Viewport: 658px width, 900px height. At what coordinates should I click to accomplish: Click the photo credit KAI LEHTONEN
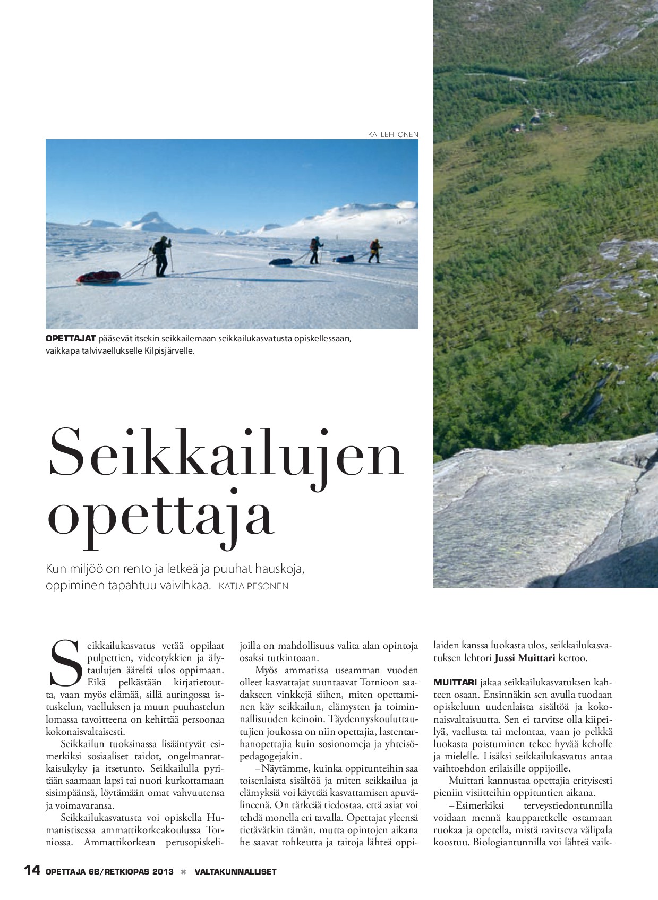tap(393, 134)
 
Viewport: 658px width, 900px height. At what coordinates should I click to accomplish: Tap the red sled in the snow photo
tap(98, 277)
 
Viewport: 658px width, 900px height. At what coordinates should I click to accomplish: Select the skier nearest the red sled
tap(160, 256)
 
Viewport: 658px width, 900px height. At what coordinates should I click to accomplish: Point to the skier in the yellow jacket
tap(375, 251)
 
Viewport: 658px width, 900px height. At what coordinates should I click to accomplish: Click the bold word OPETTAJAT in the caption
tap(71, 338)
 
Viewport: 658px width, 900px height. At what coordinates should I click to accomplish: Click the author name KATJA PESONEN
tap(253, 586)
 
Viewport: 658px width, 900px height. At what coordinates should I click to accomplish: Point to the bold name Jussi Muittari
tap(525, 658)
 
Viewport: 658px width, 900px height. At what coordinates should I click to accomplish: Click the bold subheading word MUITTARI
tap(455, 682)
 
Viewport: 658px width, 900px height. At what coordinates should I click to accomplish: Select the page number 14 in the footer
tap(32, 870)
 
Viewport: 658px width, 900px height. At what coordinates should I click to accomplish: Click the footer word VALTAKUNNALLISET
tap(235, 871)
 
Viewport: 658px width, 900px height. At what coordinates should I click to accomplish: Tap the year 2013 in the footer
tap(163, 871)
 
